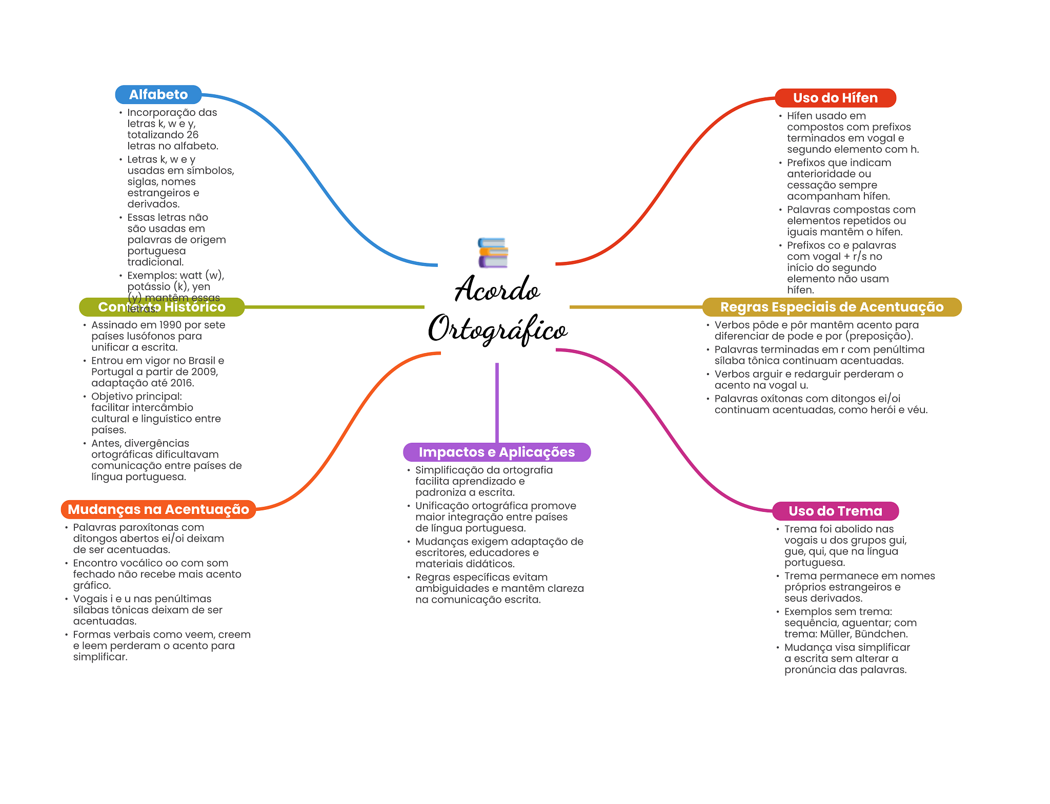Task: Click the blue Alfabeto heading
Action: [x=158, y=95]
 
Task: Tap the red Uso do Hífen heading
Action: [x=835, y=98]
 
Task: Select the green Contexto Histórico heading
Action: [x=161, y=307]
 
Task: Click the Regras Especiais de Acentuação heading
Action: [x=831, y=307]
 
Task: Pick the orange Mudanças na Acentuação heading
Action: [x=158, y=509]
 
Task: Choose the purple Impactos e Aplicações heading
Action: [x=496, y=452]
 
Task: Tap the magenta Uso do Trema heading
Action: [x=835, y=511]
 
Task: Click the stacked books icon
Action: [x=493, y=253]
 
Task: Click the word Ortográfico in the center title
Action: [x=497, y=329]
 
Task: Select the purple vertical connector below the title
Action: [x=497, y=402]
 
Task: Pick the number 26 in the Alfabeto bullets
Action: [x=192, y=135]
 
